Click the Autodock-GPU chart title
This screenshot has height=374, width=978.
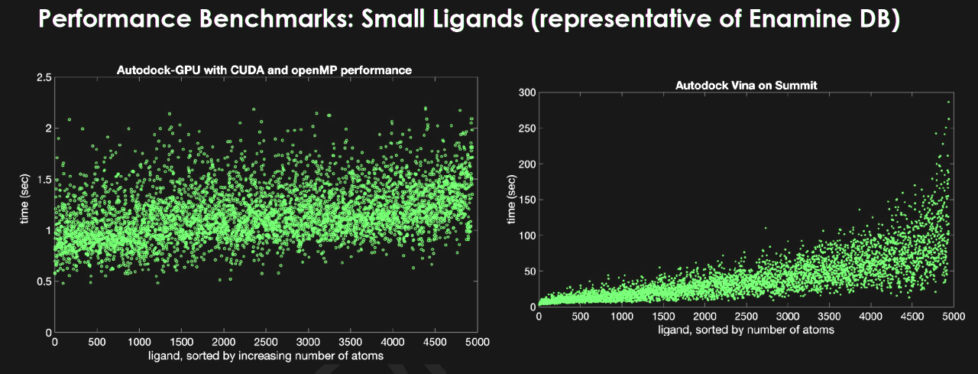click(264, 70)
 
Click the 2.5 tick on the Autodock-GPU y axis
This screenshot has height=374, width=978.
click(44, 78)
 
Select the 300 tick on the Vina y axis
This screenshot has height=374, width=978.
click(526, 93)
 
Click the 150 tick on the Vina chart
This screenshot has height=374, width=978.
click(526, 200)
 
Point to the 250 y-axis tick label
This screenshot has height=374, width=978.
click(526, 128)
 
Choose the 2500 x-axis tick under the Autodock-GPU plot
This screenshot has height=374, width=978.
click(266, 342)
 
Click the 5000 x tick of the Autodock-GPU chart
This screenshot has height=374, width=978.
click(477, 342)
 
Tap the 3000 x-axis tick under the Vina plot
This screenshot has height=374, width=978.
click(787, 316)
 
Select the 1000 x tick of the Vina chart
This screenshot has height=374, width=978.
click(622, 316)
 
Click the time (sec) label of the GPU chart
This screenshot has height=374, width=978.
click(26, 206)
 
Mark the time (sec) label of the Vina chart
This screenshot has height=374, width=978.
click(510, 200)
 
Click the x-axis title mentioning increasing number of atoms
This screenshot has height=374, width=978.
click(266, 356)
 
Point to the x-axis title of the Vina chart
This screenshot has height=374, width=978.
click(746, 330)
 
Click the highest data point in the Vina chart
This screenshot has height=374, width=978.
click(949, 102)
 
